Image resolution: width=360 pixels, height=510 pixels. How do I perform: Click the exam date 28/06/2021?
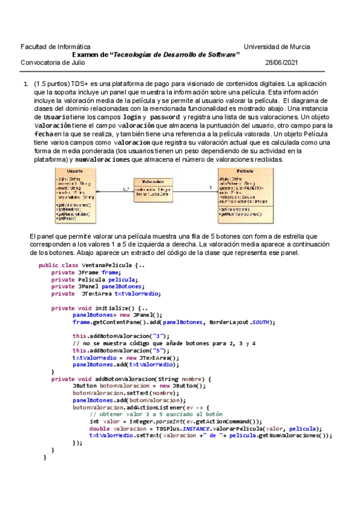[281, 62]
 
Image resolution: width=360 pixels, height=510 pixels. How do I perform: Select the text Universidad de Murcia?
[277, 46]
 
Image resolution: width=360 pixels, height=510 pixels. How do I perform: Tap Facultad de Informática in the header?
[56, 46]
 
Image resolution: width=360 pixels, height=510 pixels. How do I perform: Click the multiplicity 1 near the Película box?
[210, 187]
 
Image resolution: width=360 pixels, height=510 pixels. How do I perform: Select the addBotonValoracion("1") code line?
[121, 336]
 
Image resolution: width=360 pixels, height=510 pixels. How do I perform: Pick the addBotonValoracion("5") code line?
[121, 350]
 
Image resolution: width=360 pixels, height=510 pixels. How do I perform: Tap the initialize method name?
[112, 307]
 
